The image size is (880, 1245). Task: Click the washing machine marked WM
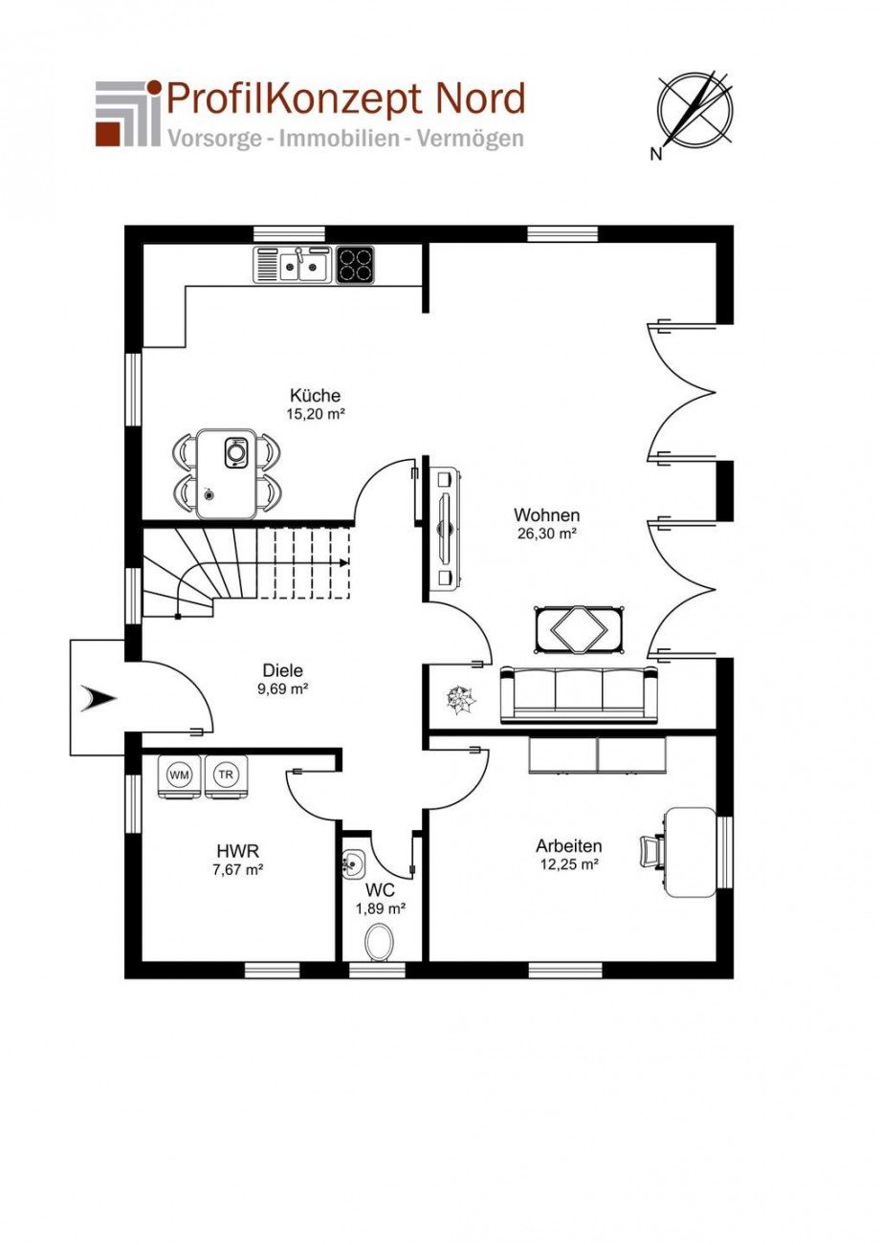179,776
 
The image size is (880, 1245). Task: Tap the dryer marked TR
226,776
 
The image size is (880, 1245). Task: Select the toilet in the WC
379,942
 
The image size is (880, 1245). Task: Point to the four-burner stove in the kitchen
355,265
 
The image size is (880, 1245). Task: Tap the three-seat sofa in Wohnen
579,695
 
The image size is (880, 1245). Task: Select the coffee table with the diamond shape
579,628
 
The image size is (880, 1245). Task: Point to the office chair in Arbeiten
652,850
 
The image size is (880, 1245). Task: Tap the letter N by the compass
656,155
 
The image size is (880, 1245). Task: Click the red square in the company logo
108,135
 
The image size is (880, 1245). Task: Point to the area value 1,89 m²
381,908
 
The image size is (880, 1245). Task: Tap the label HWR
238,851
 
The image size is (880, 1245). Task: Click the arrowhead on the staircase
344,562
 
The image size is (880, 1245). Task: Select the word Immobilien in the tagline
340,139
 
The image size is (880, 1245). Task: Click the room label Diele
283,670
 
